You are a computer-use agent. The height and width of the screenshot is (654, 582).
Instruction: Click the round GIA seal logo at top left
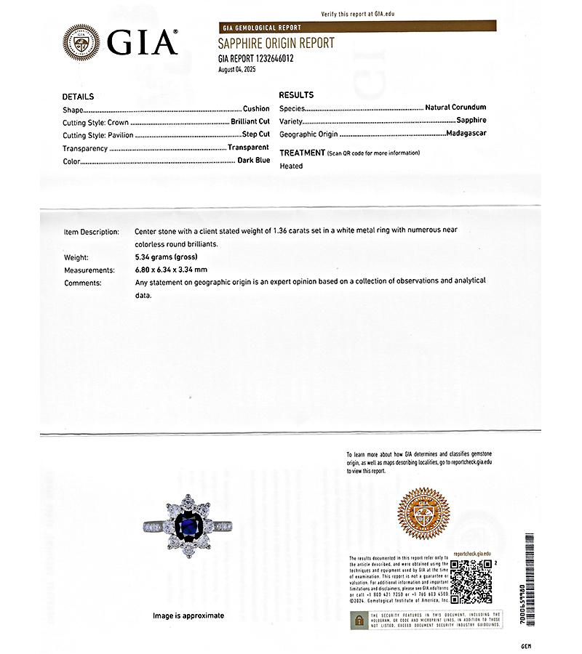tap(81, 41)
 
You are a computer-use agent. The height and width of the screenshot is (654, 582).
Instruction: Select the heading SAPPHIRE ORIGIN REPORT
tap(276, 44)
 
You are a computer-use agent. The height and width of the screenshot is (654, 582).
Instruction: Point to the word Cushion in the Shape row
tap(256, 109)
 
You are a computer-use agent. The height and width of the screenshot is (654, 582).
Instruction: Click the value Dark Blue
tap(253, 161)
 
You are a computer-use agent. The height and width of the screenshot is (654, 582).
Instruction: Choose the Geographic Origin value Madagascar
tap(467, 134)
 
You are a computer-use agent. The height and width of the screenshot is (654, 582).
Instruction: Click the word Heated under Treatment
tap(291, 166)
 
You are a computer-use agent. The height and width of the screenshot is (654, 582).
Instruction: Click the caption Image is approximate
tap(188, 615)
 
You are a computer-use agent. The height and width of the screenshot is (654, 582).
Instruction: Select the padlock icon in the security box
tap(359, 620)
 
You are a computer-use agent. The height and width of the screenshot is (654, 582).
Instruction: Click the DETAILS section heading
tap(78, 97)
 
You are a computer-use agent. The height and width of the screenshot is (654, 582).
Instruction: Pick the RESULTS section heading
tap(296, 95)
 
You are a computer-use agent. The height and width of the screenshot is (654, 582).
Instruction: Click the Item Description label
tap(91, 231)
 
